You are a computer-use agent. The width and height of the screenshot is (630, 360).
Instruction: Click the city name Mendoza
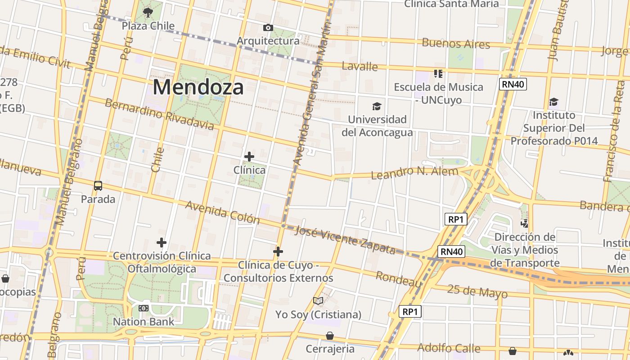click(x=198, y=87)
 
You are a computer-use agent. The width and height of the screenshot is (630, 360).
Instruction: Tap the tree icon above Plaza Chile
click(x=148, y=13)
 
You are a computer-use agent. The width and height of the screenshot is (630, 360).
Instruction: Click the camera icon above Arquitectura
click(x=268, y=28)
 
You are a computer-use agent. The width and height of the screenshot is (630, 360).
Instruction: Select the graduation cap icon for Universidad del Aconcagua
click(x=377, y=106)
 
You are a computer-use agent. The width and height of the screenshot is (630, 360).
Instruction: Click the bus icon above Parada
click(x=98, y=185)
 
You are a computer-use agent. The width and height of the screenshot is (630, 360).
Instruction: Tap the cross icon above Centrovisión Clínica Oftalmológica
click(x=162, y=243)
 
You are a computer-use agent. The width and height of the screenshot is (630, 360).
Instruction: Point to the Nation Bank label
click(x=144, y=322)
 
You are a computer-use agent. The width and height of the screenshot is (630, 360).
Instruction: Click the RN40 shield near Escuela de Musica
click(x=513, y=84)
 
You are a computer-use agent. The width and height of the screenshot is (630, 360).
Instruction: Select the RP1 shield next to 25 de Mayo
click(x=410, y=311)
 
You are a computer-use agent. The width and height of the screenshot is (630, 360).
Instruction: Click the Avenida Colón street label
click(x=223, y=212)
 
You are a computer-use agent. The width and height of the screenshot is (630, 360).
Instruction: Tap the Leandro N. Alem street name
click(x=414, y=172)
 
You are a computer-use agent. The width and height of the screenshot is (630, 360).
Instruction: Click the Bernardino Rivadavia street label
click(x=159, y=114)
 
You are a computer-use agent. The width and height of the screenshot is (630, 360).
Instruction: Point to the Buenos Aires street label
click(x=455, y=44)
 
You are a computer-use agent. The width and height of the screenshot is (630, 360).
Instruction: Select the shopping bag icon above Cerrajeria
click(x=330, y=336)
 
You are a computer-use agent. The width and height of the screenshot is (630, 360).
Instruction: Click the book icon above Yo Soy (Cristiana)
click(x=318, y=301)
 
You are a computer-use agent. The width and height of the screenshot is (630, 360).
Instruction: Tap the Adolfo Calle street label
click(x=449, y=348)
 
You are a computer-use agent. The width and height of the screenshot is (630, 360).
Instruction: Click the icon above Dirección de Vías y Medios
click(x=524, y=223)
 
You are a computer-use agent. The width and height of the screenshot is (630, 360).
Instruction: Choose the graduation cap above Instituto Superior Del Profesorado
click(x=553, y=102)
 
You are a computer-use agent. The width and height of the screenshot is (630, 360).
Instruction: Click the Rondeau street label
click(x=399, y=279)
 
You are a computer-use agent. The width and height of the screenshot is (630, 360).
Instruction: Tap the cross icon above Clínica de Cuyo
click(x=278, y=251)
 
